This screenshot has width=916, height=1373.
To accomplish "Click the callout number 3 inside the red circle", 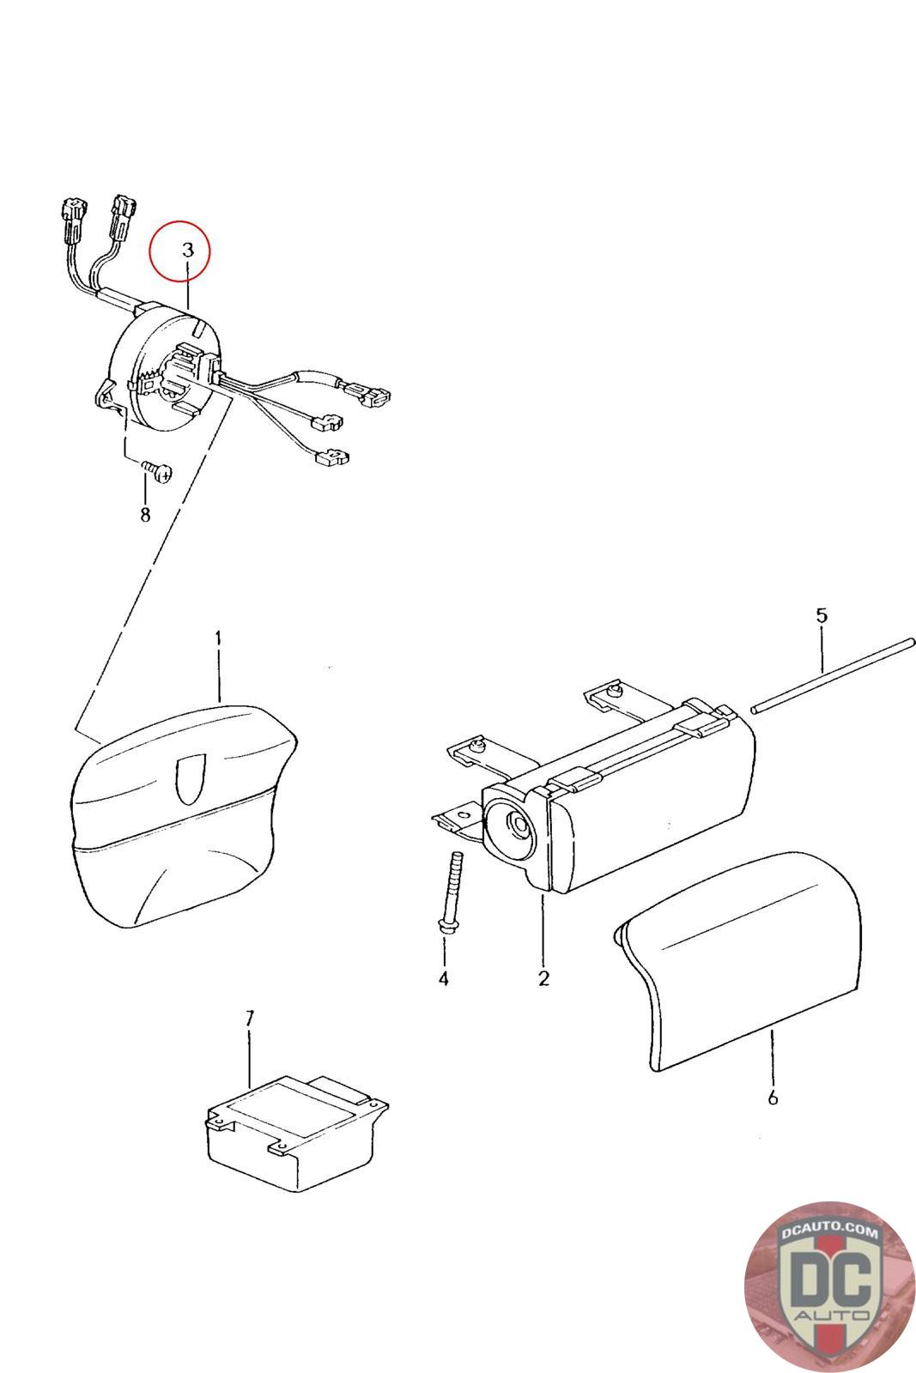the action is (x=188, y=250).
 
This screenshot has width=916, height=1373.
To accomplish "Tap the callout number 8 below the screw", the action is (x=145, y=514).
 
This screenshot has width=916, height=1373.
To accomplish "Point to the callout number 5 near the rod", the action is (x=822, y=614).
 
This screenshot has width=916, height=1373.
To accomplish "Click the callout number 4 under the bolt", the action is (x=443, y=979).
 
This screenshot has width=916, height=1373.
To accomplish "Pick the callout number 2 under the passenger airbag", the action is (x=543, y=978).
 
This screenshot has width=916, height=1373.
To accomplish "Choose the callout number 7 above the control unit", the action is (x=249, y=1019).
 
